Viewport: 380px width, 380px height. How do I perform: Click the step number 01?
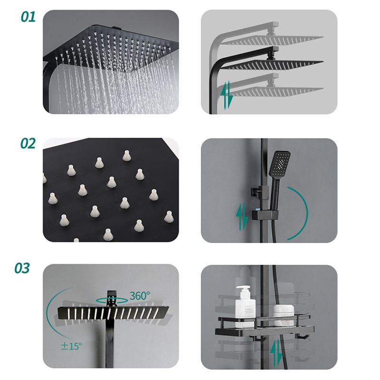pos(28,18)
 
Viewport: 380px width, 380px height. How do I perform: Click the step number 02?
pos(28,143)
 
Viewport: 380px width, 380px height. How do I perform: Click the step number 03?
pos(22,268)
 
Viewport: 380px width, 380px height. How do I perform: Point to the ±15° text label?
pos(73,345)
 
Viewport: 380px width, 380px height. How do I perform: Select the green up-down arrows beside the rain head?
pos(228,95)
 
